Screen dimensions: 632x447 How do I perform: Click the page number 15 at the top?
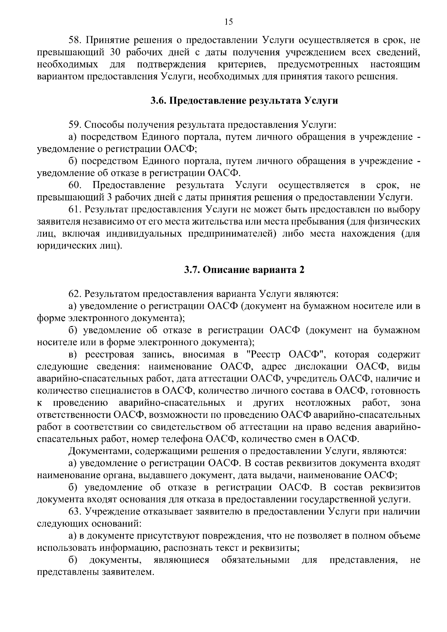pyautogui.click(x=229, y=22)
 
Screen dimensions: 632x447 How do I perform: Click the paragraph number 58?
pyautogui.click(x=75, y=40)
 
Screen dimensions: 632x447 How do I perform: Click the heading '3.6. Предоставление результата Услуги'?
pyautogui.click(x=244, y=101)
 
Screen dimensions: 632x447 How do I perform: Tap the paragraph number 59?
pyautogui.click(x=75, y=125)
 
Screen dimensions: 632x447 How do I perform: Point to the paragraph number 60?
pyautogui.click(x=75, y=185)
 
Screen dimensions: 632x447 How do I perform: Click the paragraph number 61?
pyautogui.click(x=75, y=210)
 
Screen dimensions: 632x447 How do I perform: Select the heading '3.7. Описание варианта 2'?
pyautogui.click(x=244, y=270)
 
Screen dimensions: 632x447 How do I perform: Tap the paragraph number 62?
pyautogui.click(x=75, y=294)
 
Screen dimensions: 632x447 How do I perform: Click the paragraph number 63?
pyautogui.click(x=75, y=512)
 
